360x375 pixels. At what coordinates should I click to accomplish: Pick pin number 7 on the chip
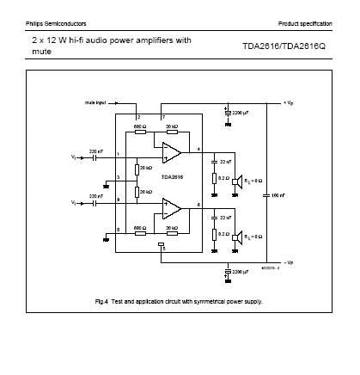(x=162, y=115)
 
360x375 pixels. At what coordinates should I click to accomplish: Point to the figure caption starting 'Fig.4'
(x=178, y=302)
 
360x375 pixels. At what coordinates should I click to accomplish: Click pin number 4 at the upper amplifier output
(x=199, y=149)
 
